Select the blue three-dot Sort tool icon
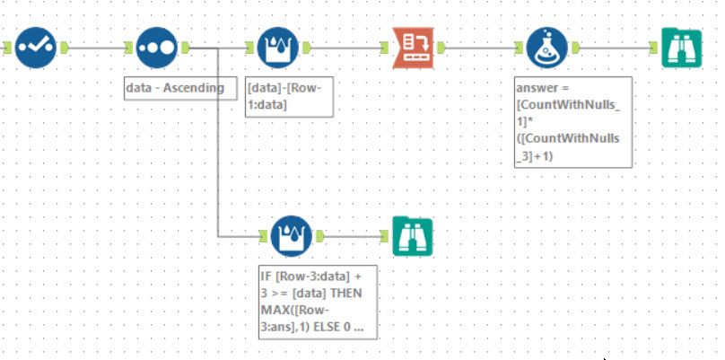[157, 48]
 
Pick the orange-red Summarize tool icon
[414, 48]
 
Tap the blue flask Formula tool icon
[546, 48]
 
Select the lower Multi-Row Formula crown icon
[291, 236]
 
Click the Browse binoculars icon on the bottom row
[412, 236]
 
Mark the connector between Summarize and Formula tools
[480, 48]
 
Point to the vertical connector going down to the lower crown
[218, 144]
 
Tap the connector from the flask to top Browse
[615, 48]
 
